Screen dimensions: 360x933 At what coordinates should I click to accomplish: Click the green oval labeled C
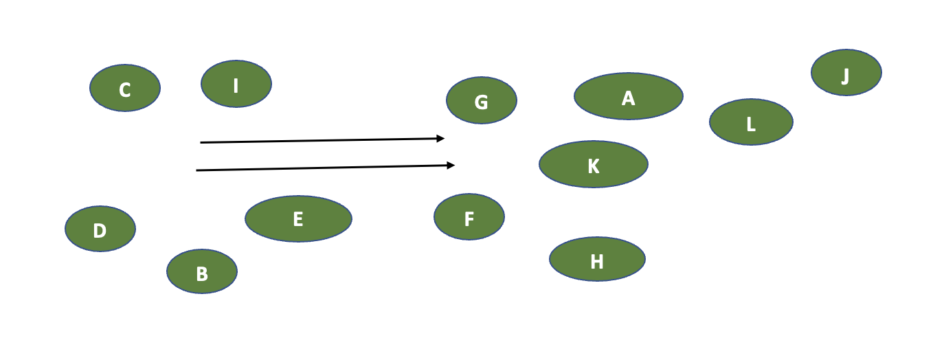(125, 88)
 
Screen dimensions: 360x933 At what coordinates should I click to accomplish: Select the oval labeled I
(236, 84)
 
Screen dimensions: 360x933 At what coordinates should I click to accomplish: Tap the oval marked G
(482, 100)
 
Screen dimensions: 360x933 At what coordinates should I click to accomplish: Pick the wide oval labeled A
(629, 96)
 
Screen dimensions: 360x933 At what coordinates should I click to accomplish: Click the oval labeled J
(846, 72)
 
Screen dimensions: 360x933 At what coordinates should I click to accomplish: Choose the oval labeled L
(751, 122)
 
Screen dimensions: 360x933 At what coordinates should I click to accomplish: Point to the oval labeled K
(594, 164)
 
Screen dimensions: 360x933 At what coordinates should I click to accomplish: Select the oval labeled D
(100, 229)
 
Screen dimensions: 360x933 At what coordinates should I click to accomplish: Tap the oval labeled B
(202, 271)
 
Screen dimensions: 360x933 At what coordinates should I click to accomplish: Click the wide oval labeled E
(298, 218)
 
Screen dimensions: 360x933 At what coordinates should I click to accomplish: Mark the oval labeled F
(469, 216)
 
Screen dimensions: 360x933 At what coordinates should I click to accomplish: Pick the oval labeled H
(597, 259)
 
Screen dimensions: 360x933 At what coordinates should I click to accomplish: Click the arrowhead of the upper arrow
(442, 139)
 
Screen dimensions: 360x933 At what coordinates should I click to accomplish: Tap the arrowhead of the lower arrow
(451, 165)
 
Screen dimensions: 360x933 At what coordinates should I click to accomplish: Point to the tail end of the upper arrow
(201, 143)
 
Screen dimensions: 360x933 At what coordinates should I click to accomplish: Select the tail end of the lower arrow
(197, 170)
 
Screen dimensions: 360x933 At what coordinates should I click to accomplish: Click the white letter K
(594, 166)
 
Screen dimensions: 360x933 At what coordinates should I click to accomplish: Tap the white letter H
(597, 262)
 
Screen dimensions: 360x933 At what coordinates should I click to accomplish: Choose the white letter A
(628, 99)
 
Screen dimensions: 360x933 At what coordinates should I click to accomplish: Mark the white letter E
(297, 219)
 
